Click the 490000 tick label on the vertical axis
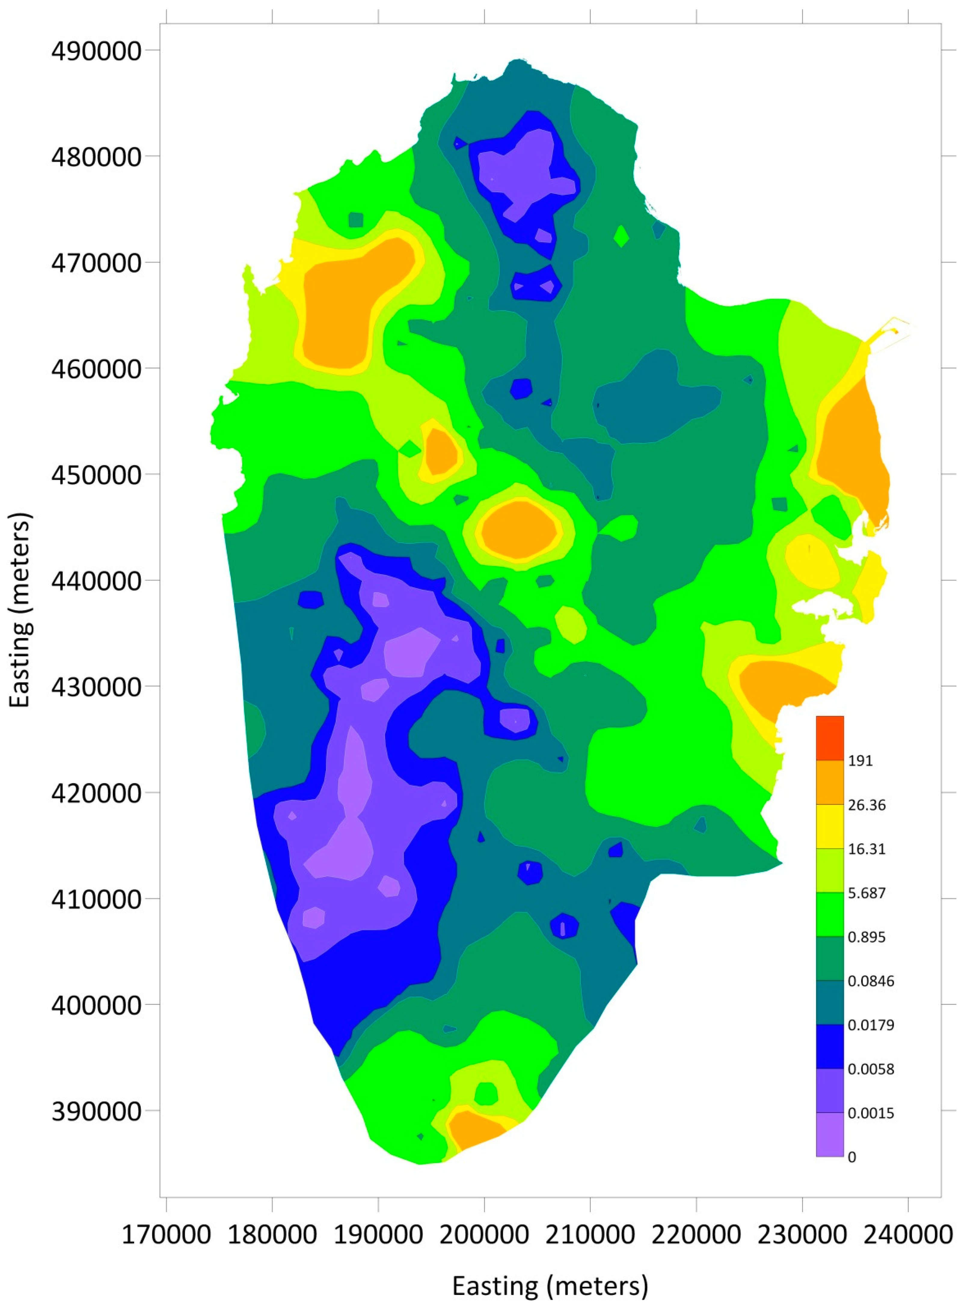[x=96, y=51]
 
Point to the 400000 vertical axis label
[x=96, y=1005]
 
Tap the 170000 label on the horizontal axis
[x=166, y=1234]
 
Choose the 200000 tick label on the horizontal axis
[x=484, y=1234]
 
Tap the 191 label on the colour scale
[x=860, y=761]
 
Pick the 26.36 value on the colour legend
[x=867, y=805]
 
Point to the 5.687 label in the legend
[x=867, y=893]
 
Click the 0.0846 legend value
[x=870, y=981]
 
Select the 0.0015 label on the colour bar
[x=870, y=1113]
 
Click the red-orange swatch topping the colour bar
[x=830, y=738]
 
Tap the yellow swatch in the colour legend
[x=830, y=826]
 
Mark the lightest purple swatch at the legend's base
[x=830, y=1135]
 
